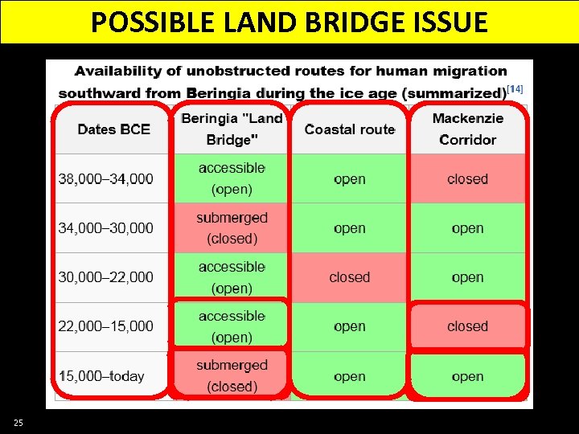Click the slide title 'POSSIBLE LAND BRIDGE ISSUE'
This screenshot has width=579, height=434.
(289, 22)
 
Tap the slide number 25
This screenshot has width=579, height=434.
(18, 423)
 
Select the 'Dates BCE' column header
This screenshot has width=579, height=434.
(113, 129)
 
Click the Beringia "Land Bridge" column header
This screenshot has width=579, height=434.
(232, 129)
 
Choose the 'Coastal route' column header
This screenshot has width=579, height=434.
(349, 129)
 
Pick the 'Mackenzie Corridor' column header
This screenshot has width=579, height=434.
(467, 129)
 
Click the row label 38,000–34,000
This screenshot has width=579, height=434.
(105, 178)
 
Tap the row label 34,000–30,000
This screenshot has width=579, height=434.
(105, 228)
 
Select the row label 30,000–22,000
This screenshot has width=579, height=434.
(105, 277)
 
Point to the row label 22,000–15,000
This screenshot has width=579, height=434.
(105, 326)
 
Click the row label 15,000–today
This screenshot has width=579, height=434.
(102, 376)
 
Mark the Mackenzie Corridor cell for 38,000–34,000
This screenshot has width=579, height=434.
(467, 178)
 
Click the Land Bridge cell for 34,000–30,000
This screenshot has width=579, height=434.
(232, 228)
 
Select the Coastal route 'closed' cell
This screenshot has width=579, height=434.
(349, 277)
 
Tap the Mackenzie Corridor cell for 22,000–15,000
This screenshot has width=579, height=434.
(467, 326)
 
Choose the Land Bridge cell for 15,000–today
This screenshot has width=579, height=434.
(232, 376)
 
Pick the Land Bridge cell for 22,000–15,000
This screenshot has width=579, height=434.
(232, 326)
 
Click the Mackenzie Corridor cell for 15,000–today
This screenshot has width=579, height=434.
(467, 376)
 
